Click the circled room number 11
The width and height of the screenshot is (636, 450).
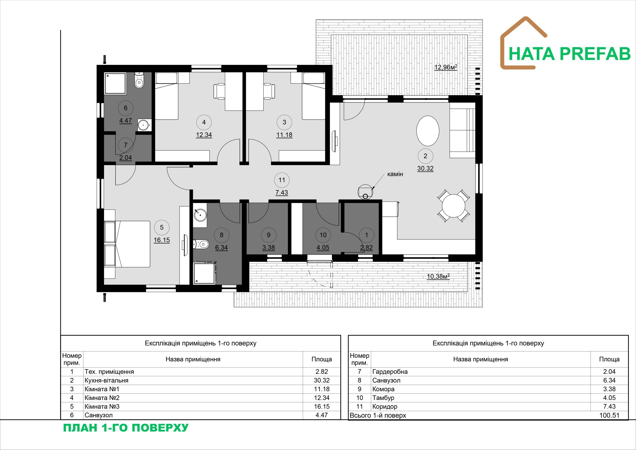click(x=282, y=180)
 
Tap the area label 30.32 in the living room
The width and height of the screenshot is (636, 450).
click(x=425, y=168)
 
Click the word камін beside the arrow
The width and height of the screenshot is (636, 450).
click(x=395, y=174)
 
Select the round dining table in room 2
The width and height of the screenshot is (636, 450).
click(x=453, y=206)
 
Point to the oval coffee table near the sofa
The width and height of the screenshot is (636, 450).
click(x=428, y=131)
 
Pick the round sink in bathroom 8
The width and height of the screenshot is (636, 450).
click(x=200, y=214)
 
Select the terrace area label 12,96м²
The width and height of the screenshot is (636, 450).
click(x=446, y=67)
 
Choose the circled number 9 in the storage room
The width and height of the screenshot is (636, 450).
click(x=268, y=235)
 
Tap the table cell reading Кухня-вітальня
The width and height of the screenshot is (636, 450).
click(x=106, y=380)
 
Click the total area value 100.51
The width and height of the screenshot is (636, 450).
click(x=609, y=415)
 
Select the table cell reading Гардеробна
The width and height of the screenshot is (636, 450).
click(x=390, y=371)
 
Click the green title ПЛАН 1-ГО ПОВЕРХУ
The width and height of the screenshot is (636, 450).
click(x=126, y=428)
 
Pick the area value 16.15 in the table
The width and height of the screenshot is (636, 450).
click(x=321, y=406)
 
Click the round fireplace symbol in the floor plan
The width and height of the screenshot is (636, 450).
click(x=365, y=192)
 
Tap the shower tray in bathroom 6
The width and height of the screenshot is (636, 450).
click(x=115, y=83)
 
